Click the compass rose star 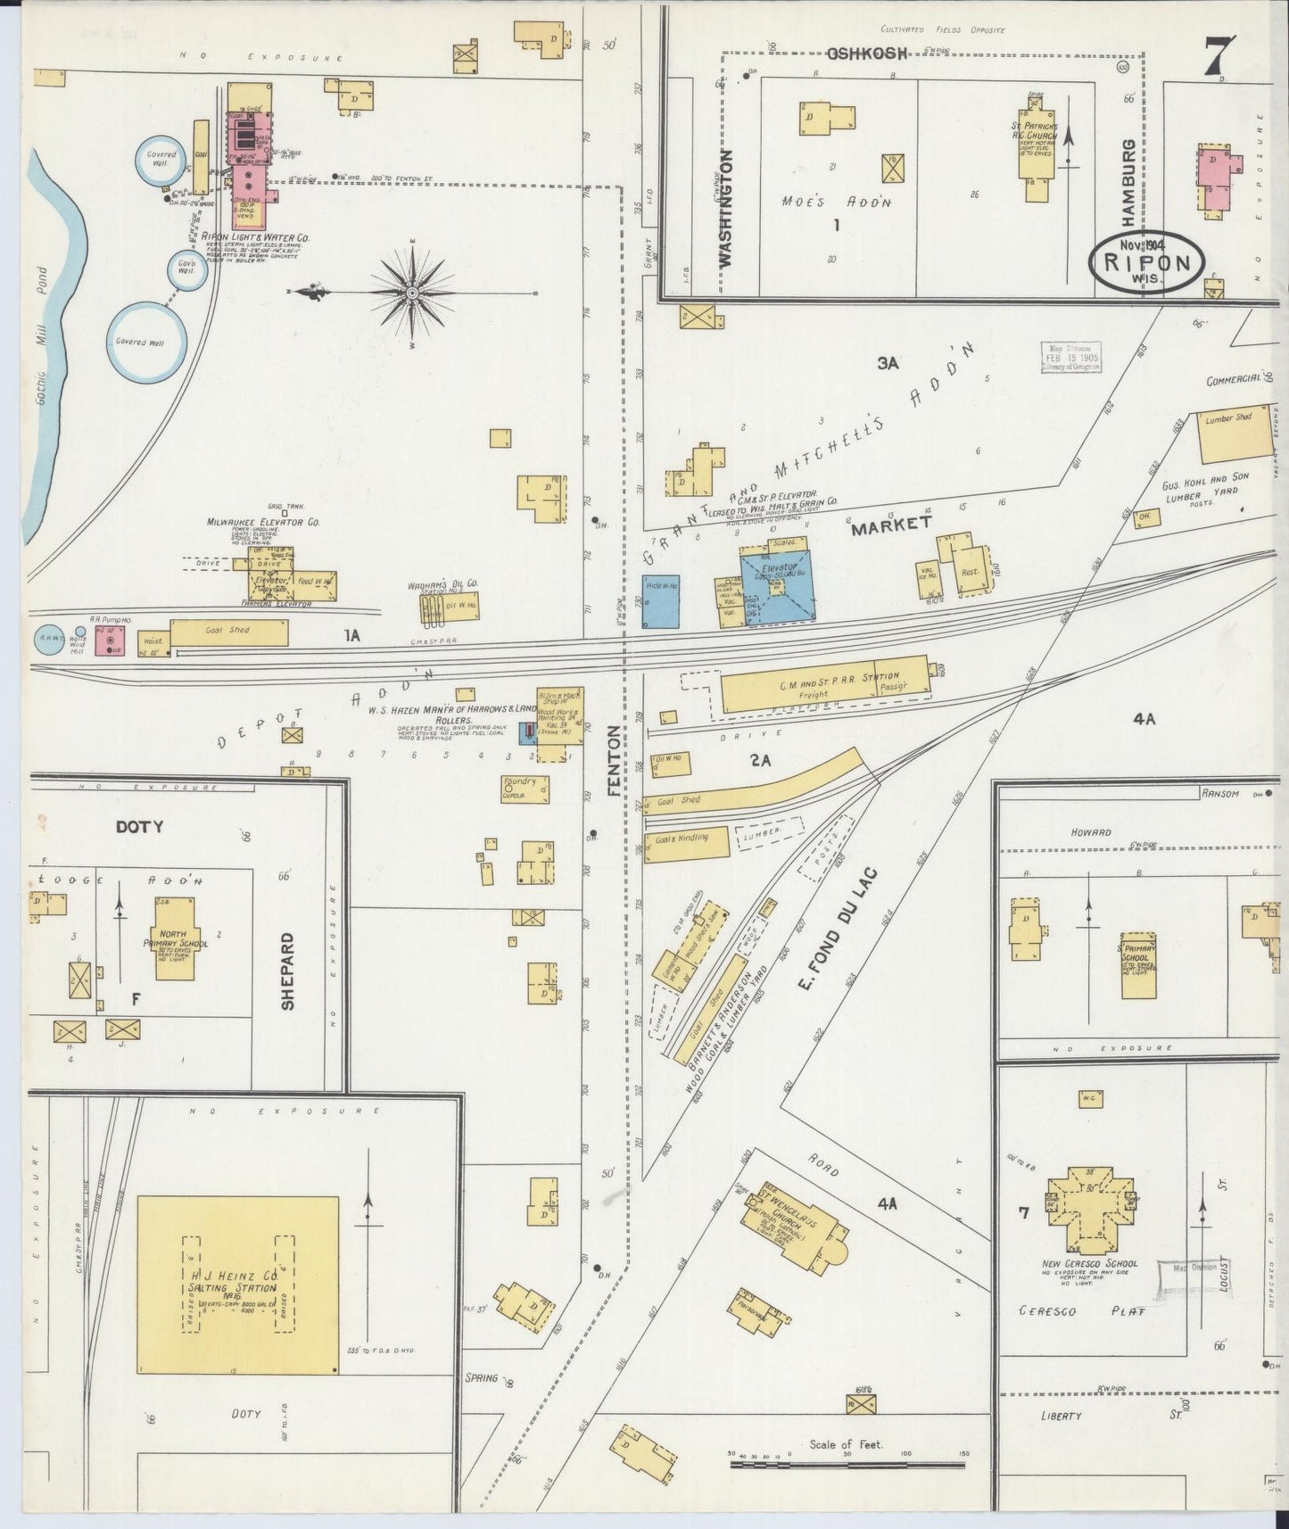[412, 293]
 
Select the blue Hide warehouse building [661, 599]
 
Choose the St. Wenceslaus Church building [797, 1224]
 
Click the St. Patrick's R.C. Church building [1037, 154]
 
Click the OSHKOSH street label [867, 54]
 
